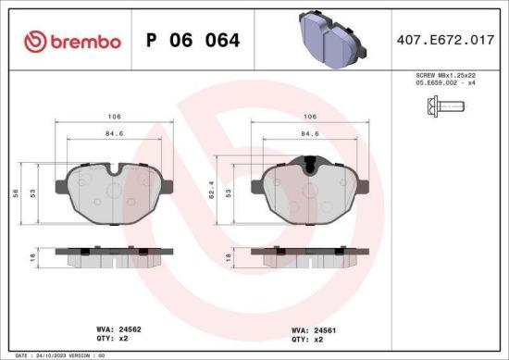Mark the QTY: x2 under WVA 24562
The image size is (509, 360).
click(113, 339)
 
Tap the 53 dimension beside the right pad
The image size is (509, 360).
click(229, 194)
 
